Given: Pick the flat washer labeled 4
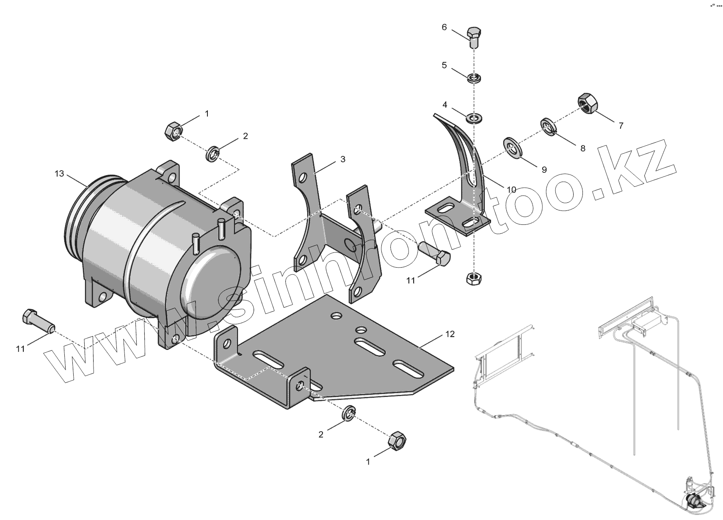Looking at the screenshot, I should tap(474, 118).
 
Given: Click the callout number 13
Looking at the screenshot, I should tap(59, 174).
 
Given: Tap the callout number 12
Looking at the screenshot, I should tap(450, 334).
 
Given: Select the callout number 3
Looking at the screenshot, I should tap(343, 159).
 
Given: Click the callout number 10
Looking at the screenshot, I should tap(511, 190).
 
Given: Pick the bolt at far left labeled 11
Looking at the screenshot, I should tap(37, 322).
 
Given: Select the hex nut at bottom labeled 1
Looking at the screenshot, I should tap(397, 441).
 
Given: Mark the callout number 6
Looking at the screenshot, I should tap(444, 27).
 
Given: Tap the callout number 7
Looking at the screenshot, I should tap(621, 125).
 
